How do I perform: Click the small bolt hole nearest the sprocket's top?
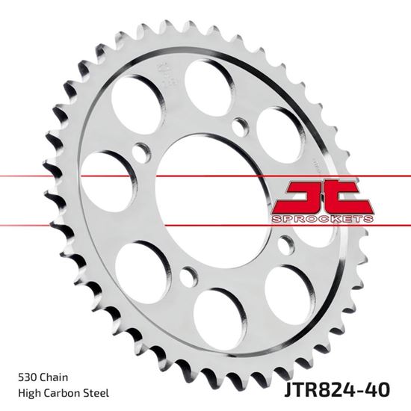coord(238,125)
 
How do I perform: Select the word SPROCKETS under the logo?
coord(324,217)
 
